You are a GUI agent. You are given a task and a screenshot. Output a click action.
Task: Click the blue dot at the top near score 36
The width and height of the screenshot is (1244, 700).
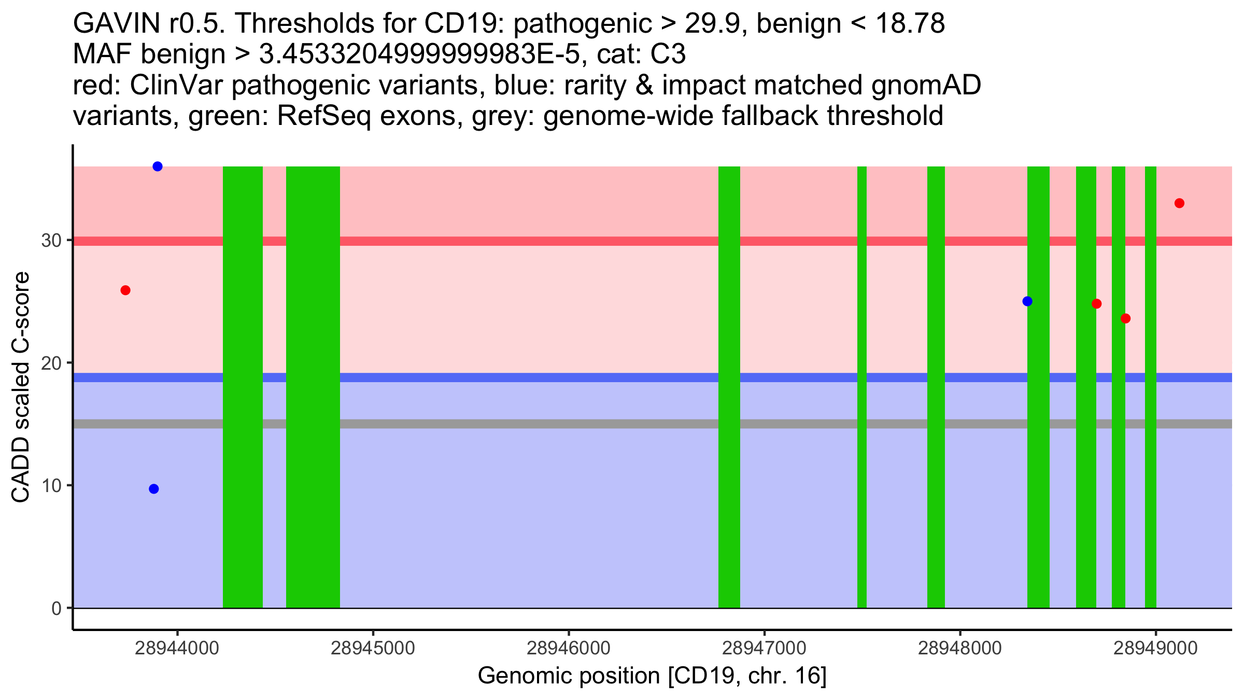(x=158, y=166)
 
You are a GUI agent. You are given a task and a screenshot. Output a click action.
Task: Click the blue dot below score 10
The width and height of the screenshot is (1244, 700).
(x=154, y=489)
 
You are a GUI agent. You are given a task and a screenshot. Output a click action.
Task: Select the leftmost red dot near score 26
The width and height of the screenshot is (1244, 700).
(x=125, y=290)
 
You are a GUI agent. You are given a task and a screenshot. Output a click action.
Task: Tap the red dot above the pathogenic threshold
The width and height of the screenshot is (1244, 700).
(x=1179, y=203)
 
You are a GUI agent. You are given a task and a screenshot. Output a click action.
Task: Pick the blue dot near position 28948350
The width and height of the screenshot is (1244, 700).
(x=1027, y=301)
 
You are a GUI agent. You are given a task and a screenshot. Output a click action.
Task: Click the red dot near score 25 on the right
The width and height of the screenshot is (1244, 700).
(x=1096, y=304)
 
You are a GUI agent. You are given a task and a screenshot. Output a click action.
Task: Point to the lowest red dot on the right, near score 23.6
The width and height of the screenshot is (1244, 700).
(x=1125, y=318)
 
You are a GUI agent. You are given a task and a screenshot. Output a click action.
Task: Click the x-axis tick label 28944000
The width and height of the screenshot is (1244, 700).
(x=177, y=649)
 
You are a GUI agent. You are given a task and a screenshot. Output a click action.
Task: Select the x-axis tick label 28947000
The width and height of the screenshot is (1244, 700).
(x=764, y=649)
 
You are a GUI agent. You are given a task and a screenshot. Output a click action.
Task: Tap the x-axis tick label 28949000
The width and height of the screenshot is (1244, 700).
(x=1155, y=649)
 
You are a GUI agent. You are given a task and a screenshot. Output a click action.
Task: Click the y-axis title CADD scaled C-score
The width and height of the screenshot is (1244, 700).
(x=21, y=387)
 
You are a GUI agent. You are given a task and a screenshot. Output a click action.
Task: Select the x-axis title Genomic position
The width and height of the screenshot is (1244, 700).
(x=652, y=676)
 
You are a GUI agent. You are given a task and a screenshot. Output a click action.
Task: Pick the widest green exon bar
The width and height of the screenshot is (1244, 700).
(x=313, y=387)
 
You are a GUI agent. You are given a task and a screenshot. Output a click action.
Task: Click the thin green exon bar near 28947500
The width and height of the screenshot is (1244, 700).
(x=862, y=387)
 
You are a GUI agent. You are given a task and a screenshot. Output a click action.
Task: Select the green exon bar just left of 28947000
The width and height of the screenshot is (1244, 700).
(x=729, y=387)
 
